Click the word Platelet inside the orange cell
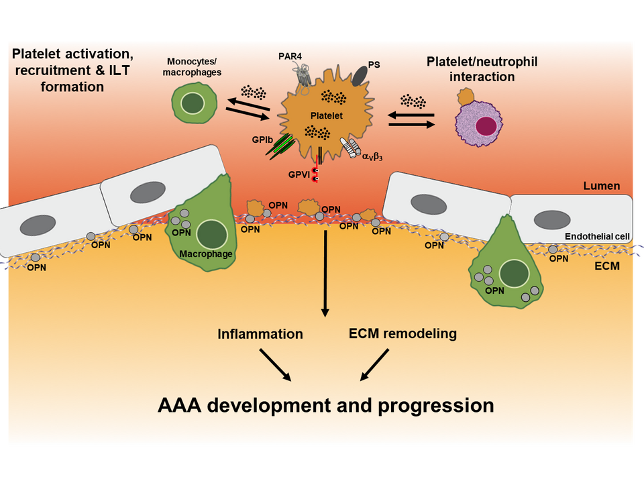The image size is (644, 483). [x=326, y=116]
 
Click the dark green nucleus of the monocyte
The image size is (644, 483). [x=195, y=103]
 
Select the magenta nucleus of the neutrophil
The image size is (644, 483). [x=486, y=127]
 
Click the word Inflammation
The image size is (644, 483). [x=260, y=333]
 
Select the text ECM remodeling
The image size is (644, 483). [x=403, y=333]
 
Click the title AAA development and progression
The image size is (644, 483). [x=326, y=406]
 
